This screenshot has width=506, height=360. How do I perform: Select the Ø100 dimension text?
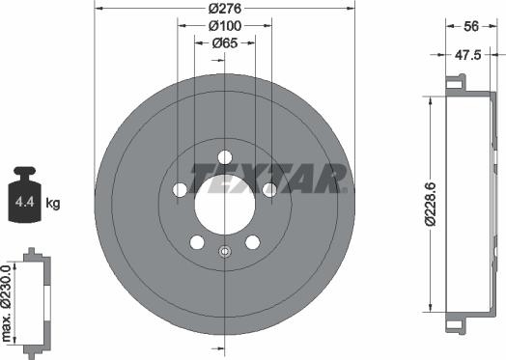(x=224, y=27)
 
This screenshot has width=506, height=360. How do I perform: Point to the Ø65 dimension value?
(x=224, y=42)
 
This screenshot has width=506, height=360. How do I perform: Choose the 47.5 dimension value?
(x=468, y=56)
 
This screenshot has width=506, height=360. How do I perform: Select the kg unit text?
(x=53, y=203)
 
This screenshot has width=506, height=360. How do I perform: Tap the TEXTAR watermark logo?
(x=268, y=178)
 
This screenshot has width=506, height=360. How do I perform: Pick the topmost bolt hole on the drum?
(x=224, y=157)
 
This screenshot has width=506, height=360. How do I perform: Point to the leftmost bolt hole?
(x=179, y=189)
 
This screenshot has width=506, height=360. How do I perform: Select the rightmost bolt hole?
(x=269, y=189)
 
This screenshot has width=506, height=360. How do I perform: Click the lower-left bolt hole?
(x=196, y=241)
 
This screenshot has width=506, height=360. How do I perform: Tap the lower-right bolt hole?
(x=252, y=241)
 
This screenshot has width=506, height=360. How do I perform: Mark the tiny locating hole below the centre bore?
(x=224, y=253)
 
